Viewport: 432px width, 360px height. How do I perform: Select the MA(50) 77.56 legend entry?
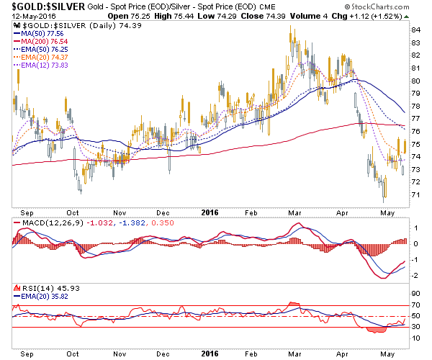(42, 33)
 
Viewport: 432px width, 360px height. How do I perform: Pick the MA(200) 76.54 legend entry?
(45, 42)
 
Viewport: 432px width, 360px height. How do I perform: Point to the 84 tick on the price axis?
(416, 30)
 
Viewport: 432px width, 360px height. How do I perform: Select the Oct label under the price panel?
(72, 212)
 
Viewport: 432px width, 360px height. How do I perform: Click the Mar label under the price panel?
(295, 212)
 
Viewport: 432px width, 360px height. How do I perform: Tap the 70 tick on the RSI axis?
(416, 307)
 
